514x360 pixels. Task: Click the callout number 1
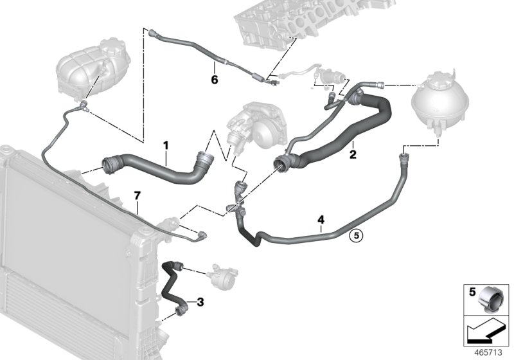coord(165,147)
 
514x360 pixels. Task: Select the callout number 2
coord(352,154)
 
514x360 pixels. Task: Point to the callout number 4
coord(320,221)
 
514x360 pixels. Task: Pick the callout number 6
coord(215,80)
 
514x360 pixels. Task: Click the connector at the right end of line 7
coord(202,236)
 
